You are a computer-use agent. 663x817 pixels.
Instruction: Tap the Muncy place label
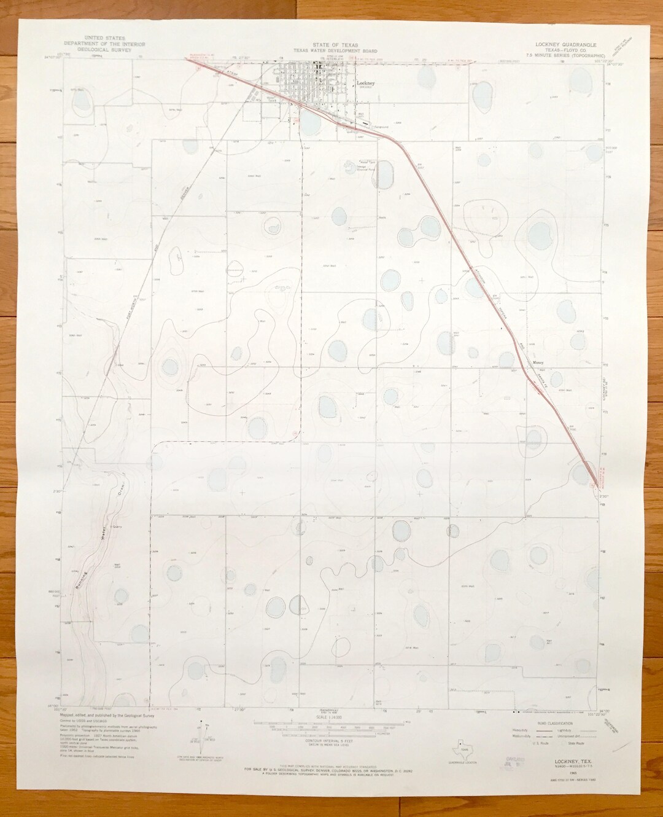coord(539,363)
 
